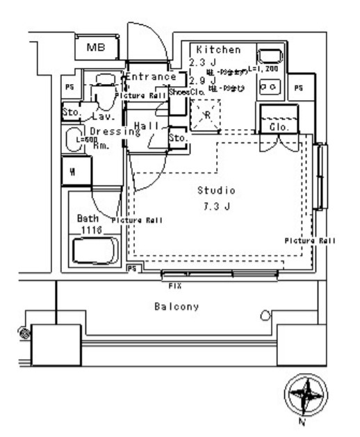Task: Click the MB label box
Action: tap(96, 48)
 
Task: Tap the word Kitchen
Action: tap(218, 50)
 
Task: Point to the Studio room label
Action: tap(216, 190)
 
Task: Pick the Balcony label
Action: tap(177, 306)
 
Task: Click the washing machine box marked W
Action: tap(72, 172)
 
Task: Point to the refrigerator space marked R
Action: tap(205, 115)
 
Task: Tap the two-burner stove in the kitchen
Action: tap(269, 86)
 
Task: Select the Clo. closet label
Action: tap(278, 127)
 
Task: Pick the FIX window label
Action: tap(175, 284)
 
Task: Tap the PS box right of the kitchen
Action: tap(298, 88)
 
